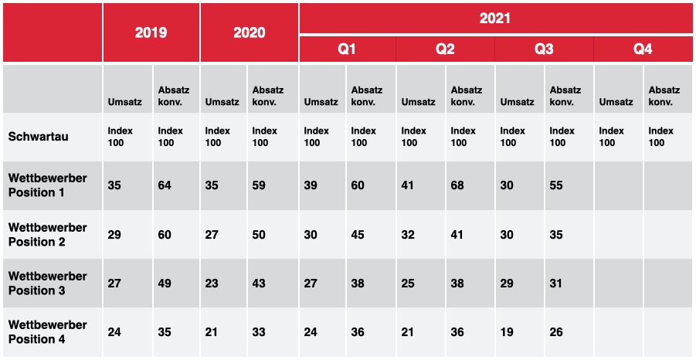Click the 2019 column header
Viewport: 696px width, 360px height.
point(151,33)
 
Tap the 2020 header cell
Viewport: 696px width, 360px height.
point(250,33)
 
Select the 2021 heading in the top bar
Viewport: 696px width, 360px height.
point(495,19)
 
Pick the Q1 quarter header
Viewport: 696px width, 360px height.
point(347,49)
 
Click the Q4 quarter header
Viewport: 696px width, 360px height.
point(643,49)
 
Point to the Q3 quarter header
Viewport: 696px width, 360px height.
point(544,49)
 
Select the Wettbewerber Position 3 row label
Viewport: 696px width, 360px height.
point(47,284)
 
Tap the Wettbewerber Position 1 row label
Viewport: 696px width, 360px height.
point(47,185)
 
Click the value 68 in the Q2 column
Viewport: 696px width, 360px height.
point(457,185)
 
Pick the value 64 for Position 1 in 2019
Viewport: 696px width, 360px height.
point(165,185)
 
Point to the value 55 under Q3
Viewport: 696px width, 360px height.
point(556,185)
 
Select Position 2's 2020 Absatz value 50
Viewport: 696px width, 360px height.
point(259,234)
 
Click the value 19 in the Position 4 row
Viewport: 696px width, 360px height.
point(507,332)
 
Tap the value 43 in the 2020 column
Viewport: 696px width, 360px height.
point(259,284)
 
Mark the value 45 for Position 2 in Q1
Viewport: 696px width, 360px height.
point(358,234)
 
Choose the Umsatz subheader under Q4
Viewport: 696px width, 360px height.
point(616,102)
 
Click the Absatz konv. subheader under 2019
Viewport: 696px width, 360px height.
point(174,97)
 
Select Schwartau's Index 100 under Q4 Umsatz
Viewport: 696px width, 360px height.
point(612,137)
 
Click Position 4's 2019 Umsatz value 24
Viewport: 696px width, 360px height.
point(114,332)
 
